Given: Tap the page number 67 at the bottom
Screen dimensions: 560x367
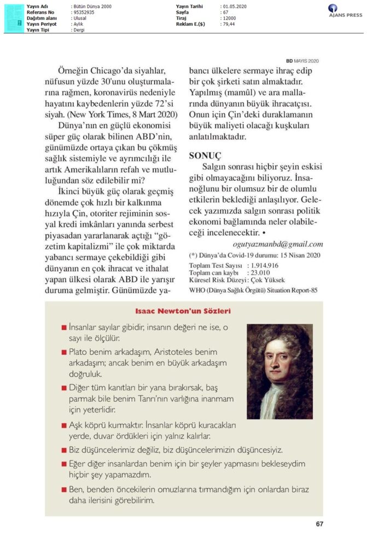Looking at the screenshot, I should pos(320,524).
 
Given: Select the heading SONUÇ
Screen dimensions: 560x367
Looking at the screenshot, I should pos(203,156).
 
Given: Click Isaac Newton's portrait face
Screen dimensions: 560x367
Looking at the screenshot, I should pos(278,361).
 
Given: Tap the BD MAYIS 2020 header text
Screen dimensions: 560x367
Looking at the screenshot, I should pos(302,61).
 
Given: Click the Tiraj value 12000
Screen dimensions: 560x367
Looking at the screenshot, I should pos(229,18).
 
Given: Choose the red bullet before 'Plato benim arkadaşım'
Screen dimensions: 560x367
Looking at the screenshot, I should pos(64,351).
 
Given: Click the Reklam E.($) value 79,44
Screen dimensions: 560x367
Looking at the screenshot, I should pos(229,25).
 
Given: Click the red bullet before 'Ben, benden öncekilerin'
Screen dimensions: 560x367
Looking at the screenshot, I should pos(64,488).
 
